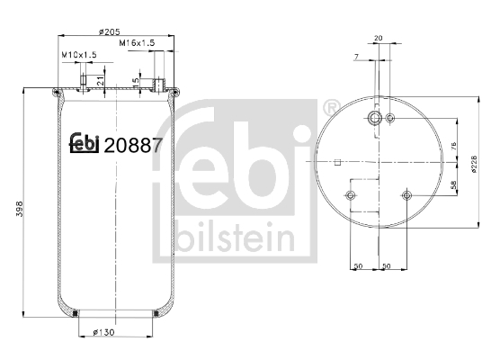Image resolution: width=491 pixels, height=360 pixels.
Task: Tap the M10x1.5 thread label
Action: point(78,56)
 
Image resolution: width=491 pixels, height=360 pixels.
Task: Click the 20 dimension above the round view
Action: point(378,39)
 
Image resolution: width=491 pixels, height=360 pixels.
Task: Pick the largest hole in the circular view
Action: point(376,119)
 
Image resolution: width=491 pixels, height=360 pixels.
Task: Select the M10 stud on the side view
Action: point(85,83)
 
